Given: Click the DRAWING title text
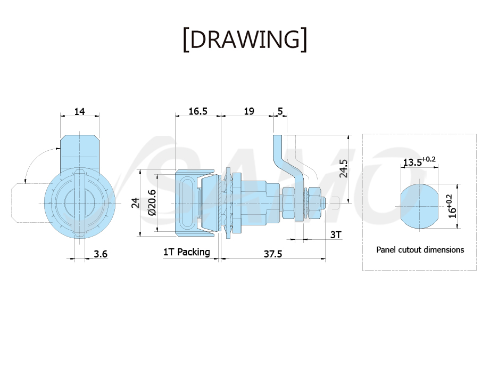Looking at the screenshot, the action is point(245,39).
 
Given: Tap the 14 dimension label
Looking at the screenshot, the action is point(79,111).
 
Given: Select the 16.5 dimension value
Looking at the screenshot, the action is point(198,111).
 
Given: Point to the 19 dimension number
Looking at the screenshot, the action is point(249,111).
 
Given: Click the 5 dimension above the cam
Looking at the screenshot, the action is point(280,111).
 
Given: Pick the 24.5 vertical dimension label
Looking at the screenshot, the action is point(344,168).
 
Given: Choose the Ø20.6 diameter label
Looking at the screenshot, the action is point(152,202).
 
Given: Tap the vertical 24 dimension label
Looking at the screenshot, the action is point(136,203).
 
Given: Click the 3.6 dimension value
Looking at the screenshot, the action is point(101,254).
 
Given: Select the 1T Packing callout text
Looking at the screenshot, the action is point(187,252).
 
